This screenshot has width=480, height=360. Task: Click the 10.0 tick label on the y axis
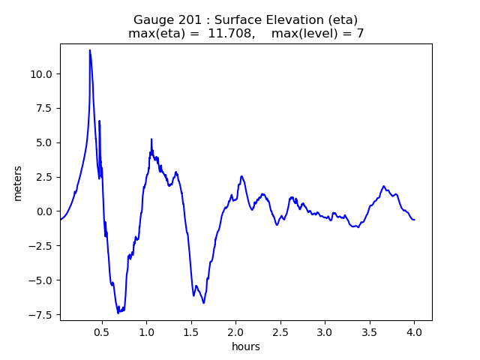tap(42, 74)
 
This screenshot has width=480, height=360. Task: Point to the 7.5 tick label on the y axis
tap(44, 109)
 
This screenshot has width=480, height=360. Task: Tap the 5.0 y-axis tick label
tap(44, 143)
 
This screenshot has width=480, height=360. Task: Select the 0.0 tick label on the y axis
tap(44, 212)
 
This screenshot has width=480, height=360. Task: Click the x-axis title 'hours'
tap(246, 346)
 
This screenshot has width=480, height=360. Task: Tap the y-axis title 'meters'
tap(17, 183)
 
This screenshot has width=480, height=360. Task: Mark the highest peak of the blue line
tap(90, 50)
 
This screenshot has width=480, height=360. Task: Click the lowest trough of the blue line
tap(118, 312)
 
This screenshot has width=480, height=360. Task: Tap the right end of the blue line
tap(414, 220)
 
